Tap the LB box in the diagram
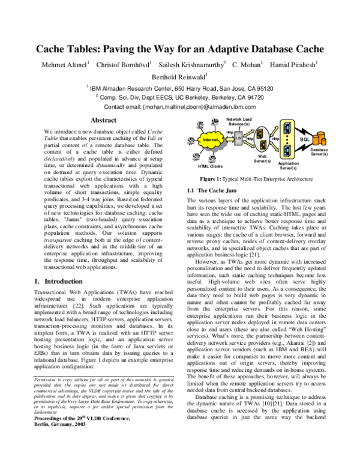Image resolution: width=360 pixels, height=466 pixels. tap(238, 138)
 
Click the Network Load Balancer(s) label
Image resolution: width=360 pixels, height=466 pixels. tap(238, 121)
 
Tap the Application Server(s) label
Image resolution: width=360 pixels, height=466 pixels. tap(289, 165)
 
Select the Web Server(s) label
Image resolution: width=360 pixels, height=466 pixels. tap(262, 159)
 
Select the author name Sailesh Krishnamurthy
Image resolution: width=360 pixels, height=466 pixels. tap(191, 64)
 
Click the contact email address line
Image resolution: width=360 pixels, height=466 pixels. tap(180, 106)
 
